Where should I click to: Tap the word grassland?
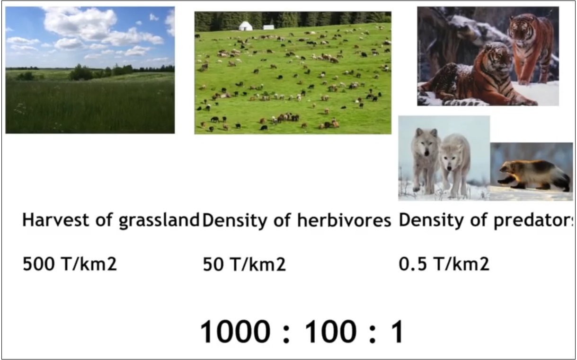pyautogui.click(x=160, y=221)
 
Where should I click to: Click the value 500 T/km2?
pyautogui.click(x=70, y=263)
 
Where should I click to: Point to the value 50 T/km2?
pyautogui.click(x=244, y=264)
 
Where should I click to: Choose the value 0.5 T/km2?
pyautogui.click(x=444, y=263)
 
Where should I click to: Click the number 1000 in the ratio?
pyautogui.click(x=235, y=332)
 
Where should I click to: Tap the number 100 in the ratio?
pyautogui.click(x=330, y=332)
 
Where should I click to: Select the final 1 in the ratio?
pyautogui.click(x=397, y=332)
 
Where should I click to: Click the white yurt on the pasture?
pyautogui.click(x=246, y=26)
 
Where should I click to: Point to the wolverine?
pyautogui.click(x=534, y=176)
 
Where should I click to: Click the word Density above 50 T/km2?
pyautogui.click(x=234, y=221)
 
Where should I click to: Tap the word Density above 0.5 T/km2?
pyautogui.click(x=431, y=221)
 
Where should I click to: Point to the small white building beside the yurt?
pyautogui.click(x=268, y=27)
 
